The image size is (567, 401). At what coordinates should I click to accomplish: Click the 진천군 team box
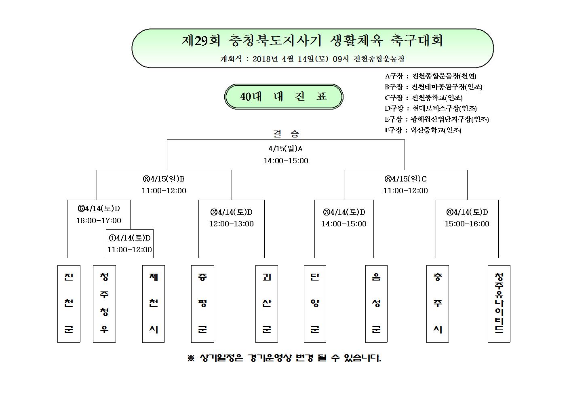pos(69,304)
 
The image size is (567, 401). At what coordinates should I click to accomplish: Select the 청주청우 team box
pos(104,304)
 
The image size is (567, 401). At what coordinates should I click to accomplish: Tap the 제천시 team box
pos(154,304)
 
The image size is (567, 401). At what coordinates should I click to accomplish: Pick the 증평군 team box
pos(202,304)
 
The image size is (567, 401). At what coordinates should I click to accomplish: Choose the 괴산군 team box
pos(267,304)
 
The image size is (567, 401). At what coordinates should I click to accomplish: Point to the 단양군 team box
pos(315,304)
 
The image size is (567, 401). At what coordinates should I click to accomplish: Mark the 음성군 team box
pos(376,304)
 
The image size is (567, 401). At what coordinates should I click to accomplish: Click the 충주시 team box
pos(438,304)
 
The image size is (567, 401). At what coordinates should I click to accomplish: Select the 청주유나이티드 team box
pos(499,304)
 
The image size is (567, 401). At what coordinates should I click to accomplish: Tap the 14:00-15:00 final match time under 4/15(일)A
pos(286,161)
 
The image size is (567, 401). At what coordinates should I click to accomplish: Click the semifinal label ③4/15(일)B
pos(164,179)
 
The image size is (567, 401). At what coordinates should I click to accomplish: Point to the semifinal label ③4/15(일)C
pos(405,179)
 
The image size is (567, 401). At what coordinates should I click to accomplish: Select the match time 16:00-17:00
pos(99,220)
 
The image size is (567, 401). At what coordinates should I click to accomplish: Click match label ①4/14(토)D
pos(130,238)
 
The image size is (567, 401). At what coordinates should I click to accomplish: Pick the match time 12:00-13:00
pos(231,224)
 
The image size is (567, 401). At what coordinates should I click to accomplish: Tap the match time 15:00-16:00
pos(467,224)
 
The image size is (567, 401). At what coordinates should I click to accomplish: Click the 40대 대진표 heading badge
pos(284,97)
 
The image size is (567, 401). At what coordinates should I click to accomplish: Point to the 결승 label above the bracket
pos(286,133)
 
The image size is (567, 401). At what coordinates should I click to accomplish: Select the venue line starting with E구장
pos(436,119)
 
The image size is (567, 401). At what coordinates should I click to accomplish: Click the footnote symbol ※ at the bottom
pos(191,358)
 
